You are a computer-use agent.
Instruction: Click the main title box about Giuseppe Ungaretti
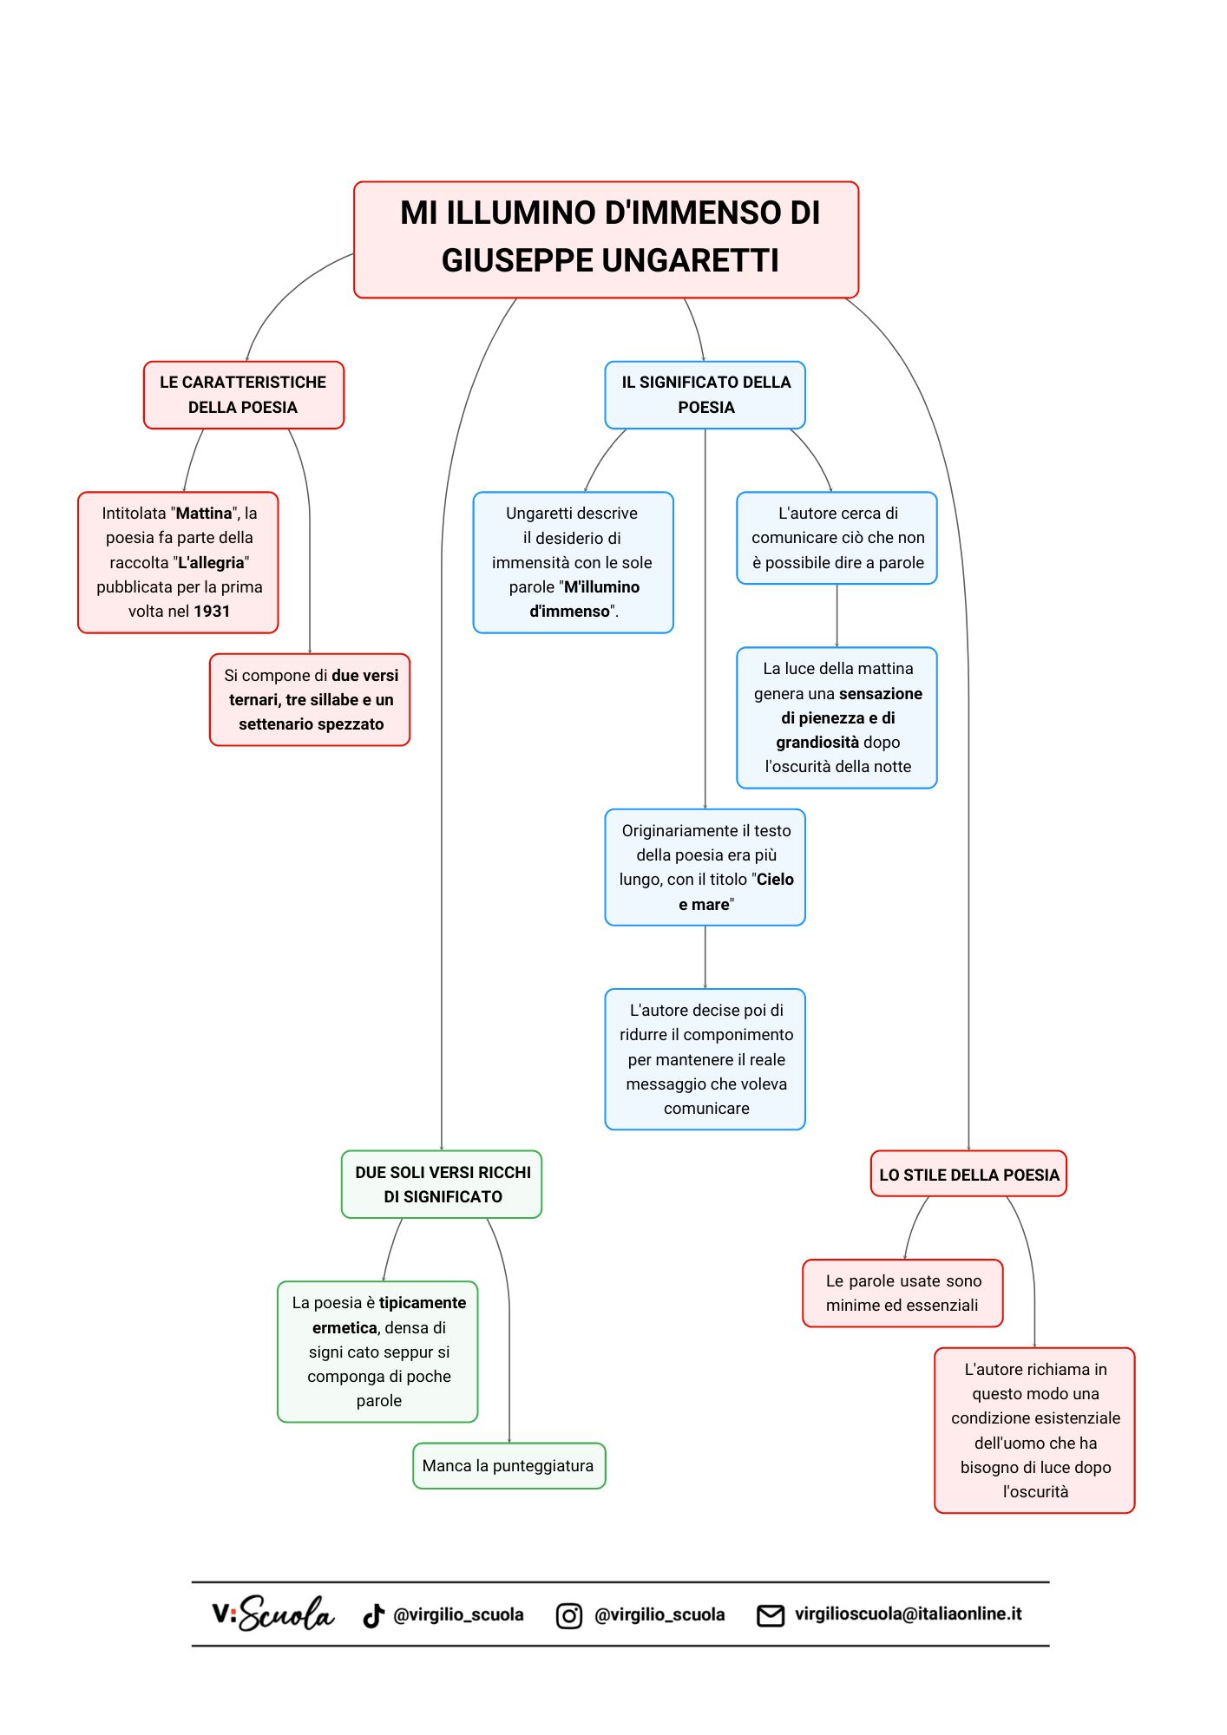(x=606, y=239)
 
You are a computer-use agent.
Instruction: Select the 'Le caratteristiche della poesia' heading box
(x=243, y=395)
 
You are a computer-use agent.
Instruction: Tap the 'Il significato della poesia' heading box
(x=705, y=395)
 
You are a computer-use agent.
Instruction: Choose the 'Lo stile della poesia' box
(x=968, y=1175)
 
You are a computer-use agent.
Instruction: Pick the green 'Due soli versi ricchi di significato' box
(x=442, y=1184)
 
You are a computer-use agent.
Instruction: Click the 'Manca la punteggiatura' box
(x=509, y=1465)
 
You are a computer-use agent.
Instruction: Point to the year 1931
(x=212, y=612)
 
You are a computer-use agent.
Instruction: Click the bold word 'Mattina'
(x=204, y=514)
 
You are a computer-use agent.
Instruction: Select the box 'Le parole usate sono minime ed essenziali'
(x=902, y=1293)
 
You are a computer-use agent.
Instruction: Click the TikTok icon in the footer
(x=373, y=1615)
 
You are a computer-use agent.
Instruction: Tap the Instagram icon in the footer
(x=568, y=1615)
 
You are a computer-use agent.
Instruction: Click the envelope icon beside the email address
(x=771, y=1615)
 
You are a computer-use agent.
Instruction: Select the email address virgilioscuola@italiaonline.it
(x=908, y=1614)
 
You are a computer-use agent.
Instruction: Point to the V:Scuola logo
(x=272, y=1614)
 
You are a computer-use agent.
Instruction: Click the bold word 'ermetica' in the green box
(x=344, y=1327)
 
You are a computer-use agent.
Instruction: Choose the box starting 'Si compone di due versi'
(x=310, y=699)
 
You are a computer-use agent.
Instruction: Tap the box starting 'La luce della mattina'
(x=837, y=717)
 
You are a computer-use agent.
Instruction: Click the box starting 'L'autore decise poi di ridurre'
(x=705, y=1058)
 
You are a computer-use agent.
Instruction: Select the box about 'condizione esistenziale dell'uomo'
(x=1034, y=1430)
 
